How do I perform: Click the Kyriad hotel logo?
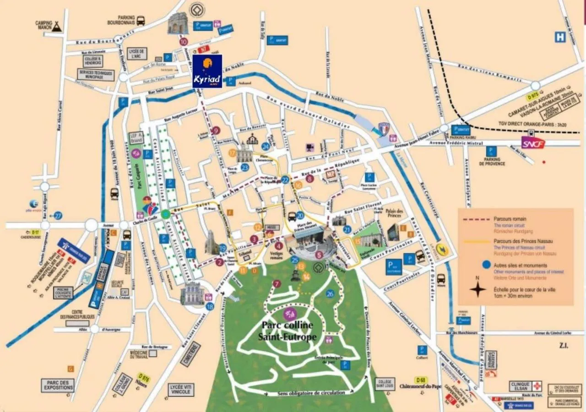point(207,71)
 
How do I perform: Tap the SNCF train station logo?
point(533,143)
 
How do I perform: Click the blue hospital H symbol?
point(560,37)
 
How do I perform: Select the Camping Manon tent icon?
point(56,27)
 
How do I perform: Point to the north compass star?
point(478,289)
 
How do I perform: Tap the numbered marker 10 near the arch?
point(184,42)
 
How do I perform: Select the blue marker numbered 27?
point(58,216)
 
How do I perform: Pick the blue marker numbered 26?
point(330,294)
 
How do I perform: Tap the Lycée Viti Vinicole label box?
point(181,390)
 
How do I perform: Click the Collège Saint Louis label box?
point(385,384)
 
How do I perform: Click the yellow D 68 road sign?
point(422,379)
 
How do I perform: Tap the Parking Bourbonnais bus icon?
point(141,21)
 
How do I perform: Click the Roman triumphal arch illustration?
point(177,23)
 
